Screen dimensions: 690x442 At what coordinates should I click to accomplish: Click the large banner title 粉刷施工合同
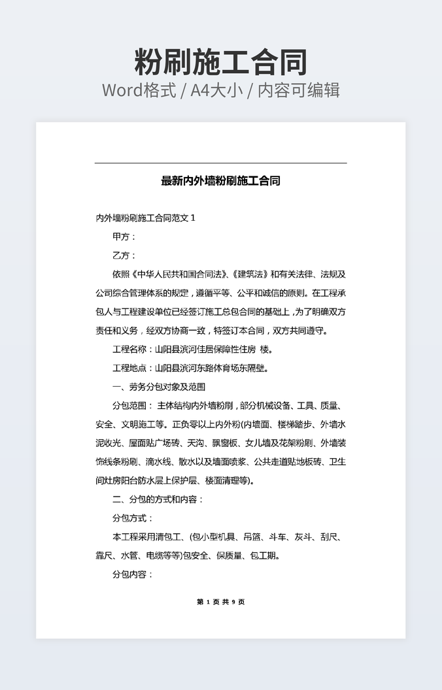pyautogui.click(x=220, y=62)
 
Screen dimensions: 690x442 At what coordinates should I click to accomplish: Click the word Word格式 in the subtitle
pyautogui.click(x=139, y=90)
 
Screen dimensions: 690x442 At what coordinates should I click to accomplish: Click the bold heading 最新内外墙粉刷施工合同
pyautogui.click(x=220, y=181)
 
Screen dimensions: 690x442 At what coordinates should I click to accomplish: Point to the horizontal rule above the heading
pyautogui.click(x=220, y=163)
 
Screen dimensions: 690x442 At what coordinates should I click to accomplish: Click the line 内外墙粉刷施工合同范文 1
pyautogui.click(x=145, y=218)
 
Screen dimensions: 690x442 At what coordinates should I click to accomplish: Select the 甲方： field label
pyautogui.click(x=124, y=237)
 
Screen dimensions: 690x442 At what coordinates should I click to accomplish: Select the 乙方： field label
pyautogui.click(x=124, y=255)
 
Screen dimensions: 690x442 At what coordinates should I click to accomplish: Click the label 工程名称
pyautogui.click(x=129, y=349)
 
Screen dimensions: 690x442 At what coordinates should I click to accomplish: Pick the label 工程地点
pyautogui.click(x=129, y=368)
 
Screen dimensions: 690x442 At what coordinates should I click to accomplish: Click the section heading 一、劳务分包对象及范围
pyautogui.click(x=159, y=387)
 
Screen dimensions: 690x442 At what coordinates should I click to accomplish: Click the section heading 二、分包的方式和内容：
pyautogui.click(x=158, y=499)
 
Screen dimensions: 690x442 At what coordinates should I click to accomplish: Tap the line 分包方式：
pyautogui.click(x=133, y=518)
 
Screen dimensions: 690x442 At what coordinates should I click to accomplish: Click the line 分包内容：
pyautogui.click(x=133, y=574)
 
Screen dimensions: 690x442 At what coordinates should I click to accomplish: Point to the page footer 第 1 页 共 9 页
pyautogui.click(x=220, y=602)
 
